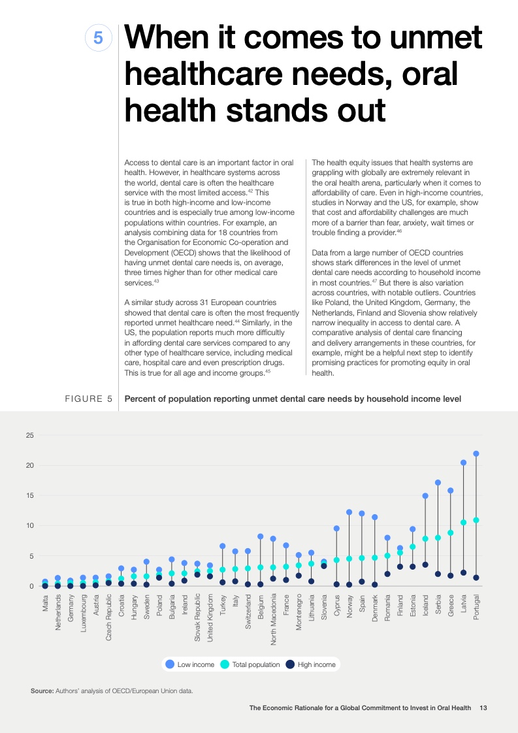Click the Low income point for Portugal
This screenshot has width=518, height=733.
point(476,453)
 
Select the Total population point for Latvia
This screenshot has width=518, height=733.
point(464,522)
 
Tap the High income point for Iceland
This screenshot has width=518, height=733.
point(425,564)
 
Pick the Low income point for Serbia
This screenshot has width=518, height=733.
point(438,482)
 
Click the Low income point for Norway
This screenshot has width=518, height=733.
point(349,512)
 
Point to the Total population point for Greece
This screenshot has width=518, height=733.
point(451,532)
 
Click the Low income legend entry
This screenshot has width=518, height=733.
point(191,664)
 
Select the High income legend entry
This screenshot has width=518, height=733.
point(311,664)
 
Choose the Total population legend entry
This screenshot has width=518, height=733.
point(251,664)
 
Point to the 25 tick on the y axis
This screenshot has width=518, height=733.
point(29,435)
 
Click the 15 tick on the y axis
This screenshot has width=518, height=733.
point(29,496)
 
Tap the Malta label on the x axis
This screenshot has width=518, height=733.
point(45,601)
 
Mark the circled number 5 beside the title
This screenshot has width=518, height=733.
point(98,39)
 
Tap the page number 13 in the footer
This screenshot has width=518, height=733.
point(483,707)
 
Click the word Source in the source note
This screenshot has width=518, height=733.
point(42,691)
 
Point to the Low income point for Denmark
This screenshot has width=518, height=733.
point(375,517)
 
